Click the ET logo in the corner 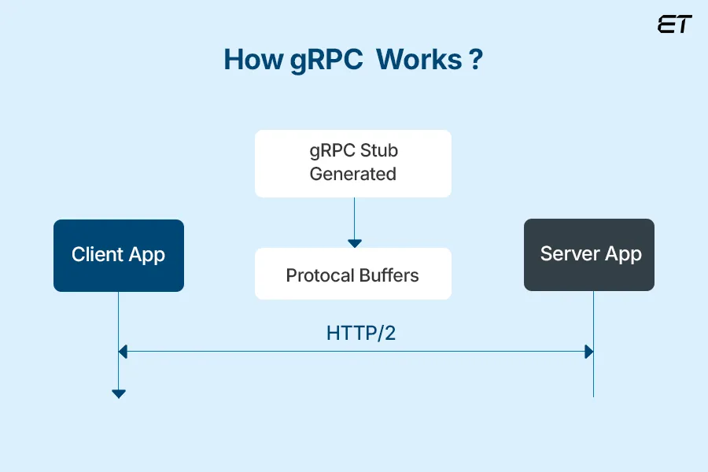click(x=674, y=24)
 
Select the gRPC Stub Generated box click(x=352, y=163)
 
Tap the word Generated click(x=352, y=174)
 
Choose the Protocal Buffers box click(x=352, y=274)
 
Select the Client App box click(x=119, y=256)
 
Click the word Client click(x=98, y=255)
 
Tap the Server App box click(x=589, y=255)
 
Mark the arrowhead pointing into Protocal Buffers click(x=355, y=243)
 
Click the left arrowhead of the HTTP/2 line click(x=123, y=352)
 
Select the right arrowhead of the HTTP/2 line click(x=588, y=352)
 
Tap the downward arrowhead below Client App click(x=119, y=393)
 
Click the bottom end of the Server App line click(x=593, y=395)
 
